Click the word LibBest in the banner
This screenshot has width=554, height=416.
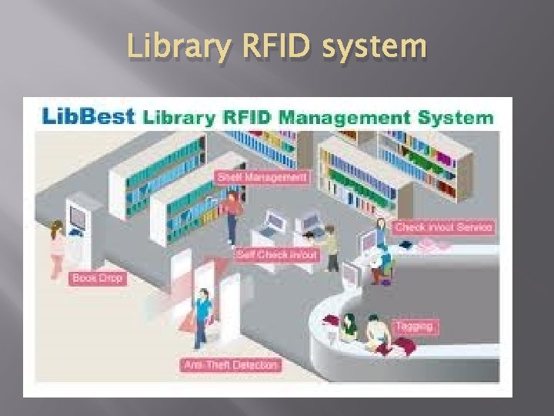click(x=88, y=118)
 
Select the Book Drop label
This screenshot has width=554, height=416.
click(x=96, y=277)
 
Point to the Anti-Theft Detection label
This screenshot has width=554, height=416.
click(x=231, y=364)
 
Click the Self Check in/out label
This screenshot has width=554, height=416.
click(x=277, y=254)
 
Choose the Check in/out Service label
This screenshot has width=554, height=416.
click(x=443, y=227)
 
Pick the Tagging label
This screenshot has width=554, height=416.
click(x=415, y=326)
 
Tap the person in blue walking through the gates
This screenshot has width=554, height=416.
click(x=202, y=316)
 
